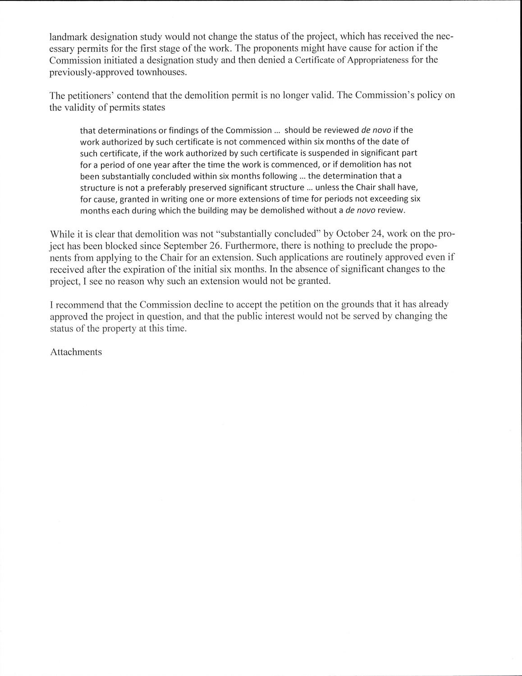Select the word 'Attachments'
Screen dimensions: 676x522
pyautogui.click(x=76, y=352)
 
